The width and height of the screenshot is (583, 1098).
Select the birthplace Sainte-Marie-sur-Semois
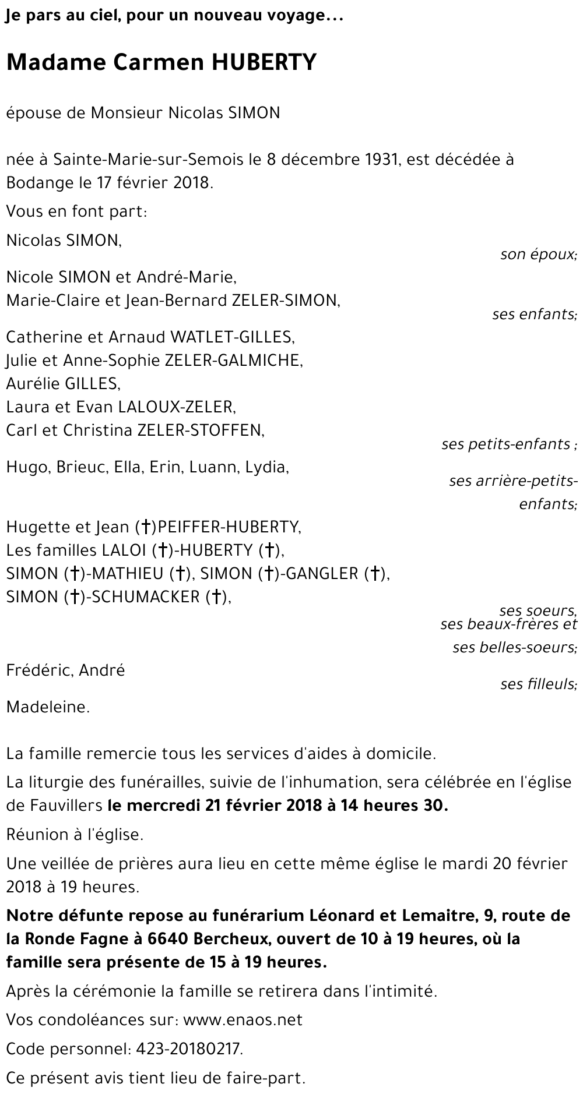point(143,160)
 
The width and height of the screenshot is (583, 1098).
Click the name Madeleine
point(48,708)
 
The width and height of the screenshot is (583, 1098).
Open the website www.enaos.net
point(243,1020)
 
